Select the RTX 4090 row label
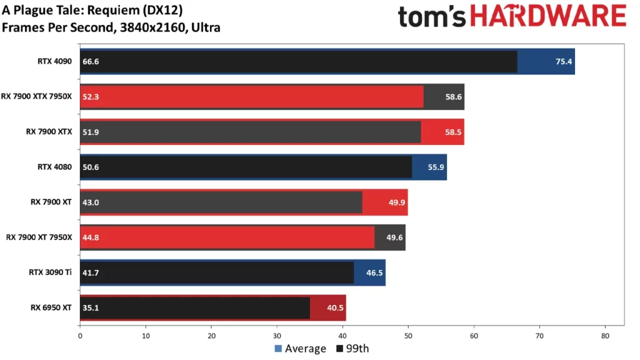[x=54, y=61]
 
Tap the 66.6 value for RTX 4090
[x=91, y=61]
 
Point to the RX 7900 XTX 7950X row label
[x=40, y=96]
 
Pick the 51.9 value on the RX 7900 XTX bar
[x=91, y=132]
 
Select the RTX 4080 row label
[x=54, y=167]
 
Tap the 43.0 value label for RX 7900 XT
[x=91, y=202]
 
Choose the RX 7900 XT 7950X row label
[x=40, y=237]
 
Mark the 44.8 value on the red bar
[x=91, y=237]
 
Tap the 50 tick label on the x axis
[x=408, y=336]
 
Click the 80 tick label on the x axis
[x=604, y=336]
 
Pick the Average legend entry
[x=300, y=349]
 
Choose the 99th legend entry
[x=353, y=349]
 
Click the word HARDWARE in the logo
[x=547, y=16]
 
